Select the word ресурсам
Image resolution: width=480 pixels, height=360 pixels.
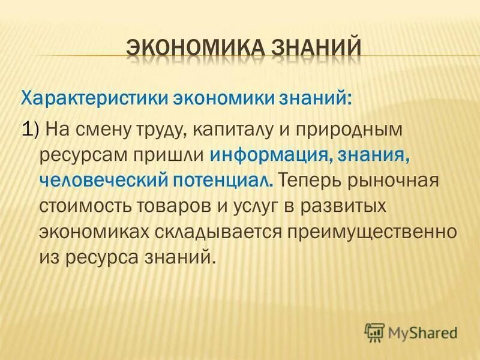coord(81,154)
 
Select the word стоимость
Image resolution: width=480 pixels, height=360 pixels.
coord(81,206)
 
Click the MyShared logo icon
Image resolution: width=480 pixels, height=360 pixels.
coord(375,331)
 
